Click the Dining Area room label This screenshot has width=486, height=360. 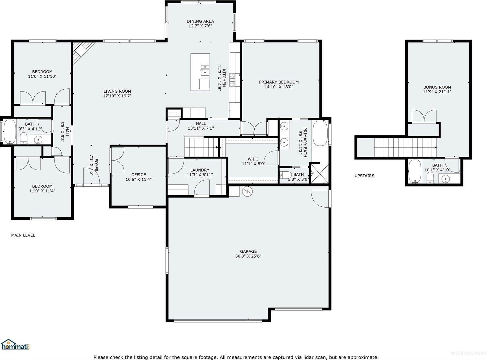tap(200, 21)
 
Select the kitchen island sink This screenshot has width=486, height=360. tap(204, 70)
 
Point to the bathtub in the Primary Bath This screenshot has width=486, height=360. tap(319, 134)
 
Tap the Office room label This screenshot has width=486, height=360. tap(139, 175)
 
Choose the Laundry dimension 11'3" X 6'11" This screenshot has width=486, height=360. tap(200, 175)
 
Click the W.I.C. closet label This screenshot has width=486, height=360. tap(254, 159)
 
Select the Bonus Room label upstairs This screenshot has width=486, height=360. tap(437, 87)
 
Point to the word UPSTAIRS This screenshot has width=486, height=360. tap(364, 176)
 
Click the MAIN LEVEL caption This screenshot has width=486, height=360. tap(23, 235)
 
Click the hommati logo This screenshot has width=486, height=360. tap(15, 345)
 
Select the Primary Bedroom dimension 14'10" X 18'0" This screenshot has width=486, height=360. tap(279, 87)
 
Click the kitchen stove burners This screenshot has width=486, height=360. tap(232, 78)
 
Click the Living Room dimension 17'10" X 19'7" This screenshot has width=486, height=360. tap(117, 96)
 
